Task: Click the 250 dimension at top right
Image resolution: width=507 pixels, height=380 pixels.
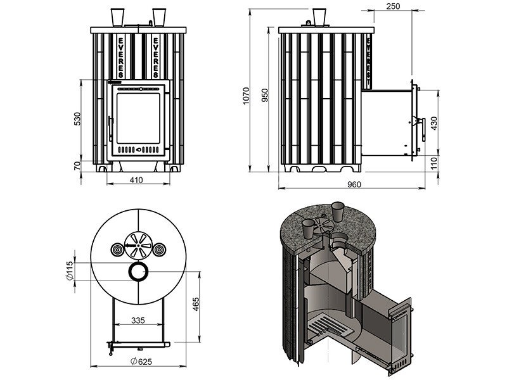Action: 392,6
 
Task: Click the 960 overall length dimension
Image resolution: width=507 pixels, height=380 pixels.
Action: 354,184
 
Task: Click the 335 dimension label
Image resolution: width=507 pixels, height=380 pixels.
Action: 137,321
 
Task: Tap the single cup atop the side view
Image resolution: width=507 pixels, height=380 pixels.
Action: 319,16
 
